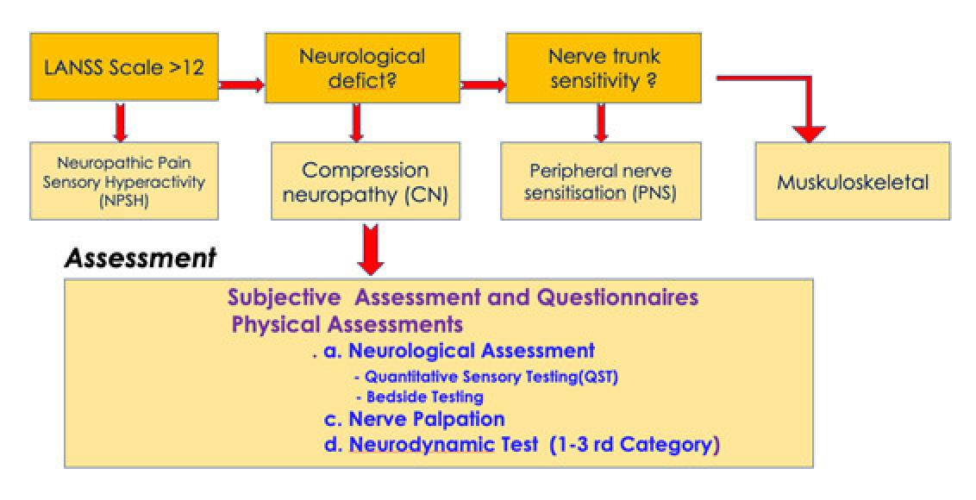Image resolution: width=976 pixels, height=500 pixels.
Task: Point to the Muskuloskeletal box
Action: (x=852, y=181)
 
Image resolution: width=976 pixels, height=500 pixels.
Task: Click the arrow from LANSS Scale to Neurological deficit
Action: (x=241, y=84)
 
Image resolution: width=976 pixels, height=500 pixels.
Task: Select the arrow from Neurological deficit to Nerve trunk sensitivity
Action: (x=482, y=84)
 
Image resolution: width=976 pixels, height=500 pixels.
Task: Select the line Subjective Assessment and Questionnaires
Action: (x=463, y=298)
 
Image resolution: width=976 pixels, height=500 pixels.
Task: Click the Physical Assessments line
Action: (x=347, y=325)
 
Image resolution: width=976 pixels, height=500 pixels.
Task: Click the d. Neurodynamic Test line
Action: (x=520, y=446)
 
